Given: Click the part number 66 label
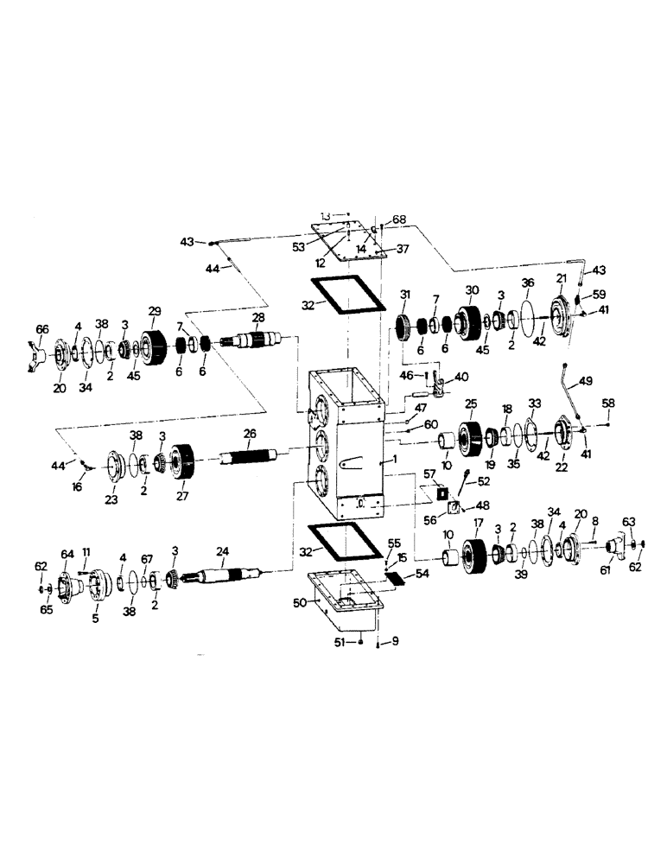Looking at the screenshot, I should [41, 329].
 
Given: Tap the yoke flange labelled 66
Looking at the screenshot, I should [39, 351].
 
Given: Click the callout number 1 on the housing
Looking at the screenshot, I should [395, 461].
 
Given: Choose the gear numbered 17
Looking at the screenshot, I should [473, 554].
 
